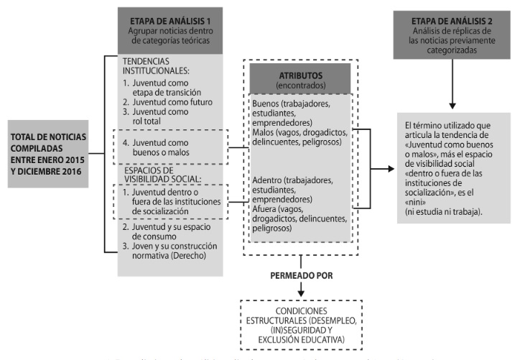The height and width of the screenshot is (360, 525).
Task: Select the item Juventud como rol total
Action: pos(159,117)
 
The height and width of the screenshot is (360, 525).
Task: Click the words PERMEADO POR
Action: pos(301,275)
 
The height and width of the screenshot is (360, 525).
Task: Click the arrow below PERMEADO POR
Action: pos(301,290)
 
